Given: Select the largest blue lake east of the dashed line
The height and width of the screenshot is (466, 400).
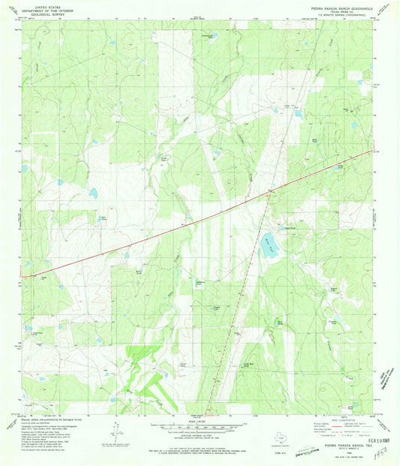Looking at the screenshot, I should pyautogui.click(x=269, y=247).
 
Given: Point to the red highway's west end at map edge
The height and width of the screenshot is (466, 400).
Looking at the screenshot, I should pyautogui.click(x=23, y=276).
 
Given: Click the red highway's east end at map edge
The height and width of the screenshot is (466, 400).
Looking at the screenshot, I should pyautogui.click(x=372, y=152).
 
